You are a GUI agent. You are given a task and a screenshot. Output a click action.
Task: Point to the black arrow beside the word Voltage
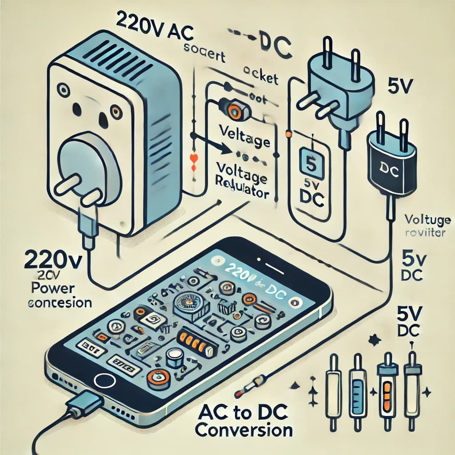tap(209, 143)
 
